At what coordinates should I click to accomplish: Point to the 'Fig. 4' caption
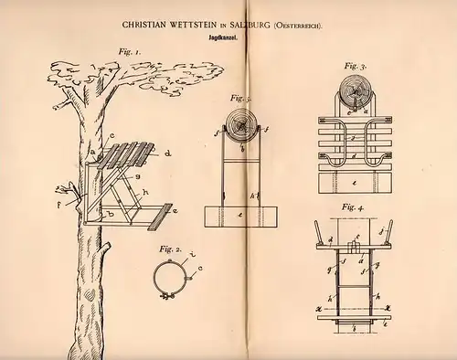(x=350, y=206)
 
